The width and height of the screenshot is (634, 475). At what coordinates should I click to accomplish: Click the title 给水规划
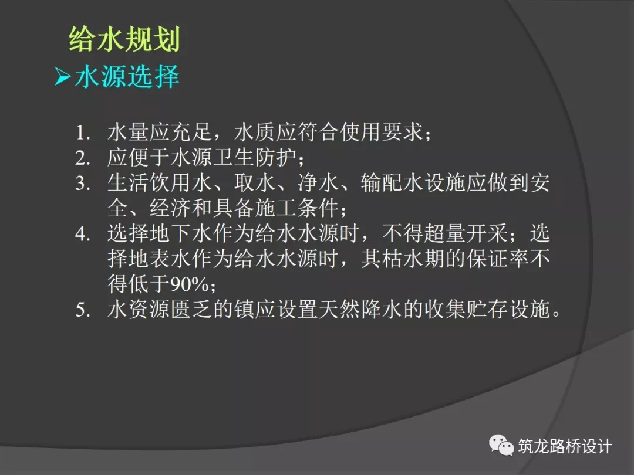124,40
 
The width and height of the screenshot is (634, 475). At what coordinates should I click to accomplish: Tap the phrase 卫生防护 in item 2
255,158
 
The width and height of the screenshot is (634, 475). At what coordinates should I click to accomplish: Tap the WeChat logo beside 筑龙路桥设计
501,446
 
